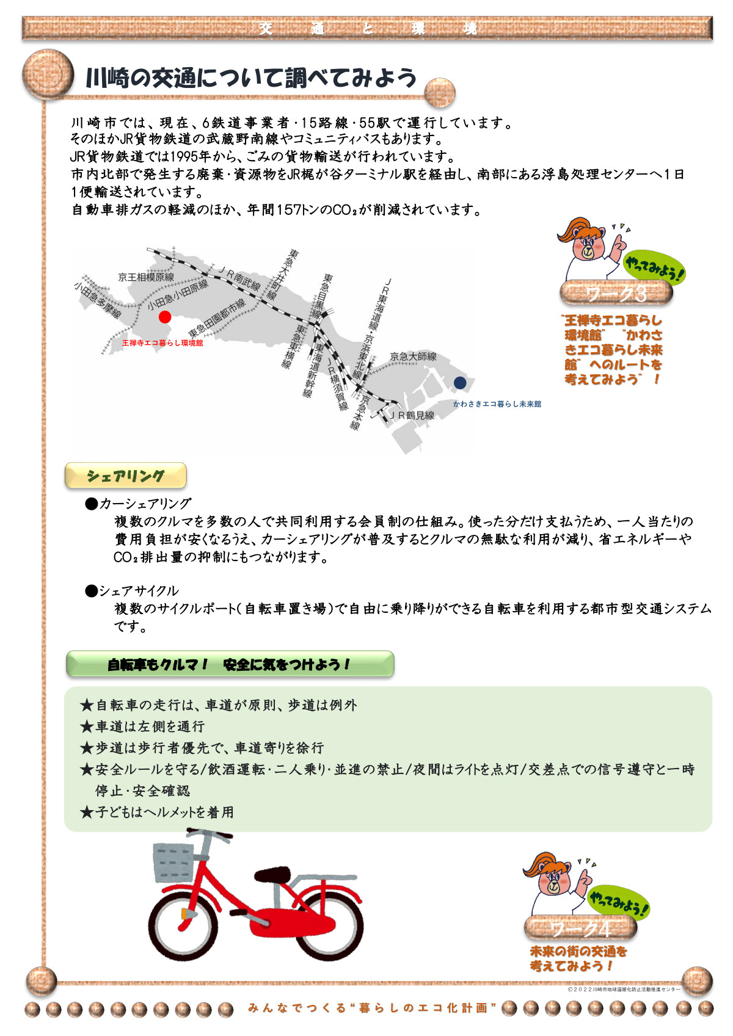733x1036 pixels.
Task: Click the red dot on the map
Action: (164, 317)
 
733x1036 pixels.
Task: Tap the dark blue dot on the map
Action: (460, 383)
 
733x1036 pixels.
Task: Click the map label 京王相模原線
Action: (146, 277)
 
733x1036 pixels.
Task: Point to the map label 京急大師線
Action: (413, 357)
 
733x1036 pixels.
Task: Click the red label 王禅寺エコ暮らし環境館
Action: (162, 343)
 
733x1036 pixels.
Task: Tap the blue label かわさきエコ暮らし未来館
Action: (497, 404)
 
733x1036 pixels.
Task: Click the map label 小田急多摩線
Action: (98, 300)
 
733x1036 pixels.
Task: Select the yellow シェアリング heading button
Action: (126, 476)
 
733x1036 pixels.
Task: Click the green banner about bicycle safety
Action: (230, 664)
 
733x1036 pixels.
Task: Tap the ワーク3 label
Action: (616, 294)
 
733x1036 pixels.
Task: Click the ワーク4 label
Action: (580, 929)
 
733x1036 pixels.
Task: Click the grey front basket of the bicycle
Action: (173, 862)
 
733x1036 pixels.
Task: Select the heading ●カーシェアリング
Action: (139, 504)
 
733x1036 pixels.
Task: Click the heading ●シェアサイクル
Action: (133, 590)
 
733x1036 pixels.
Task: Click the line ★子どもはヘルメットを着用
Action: (157, 812)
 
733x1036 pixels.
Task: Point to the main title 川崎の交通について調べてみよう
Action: (251, 78)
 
